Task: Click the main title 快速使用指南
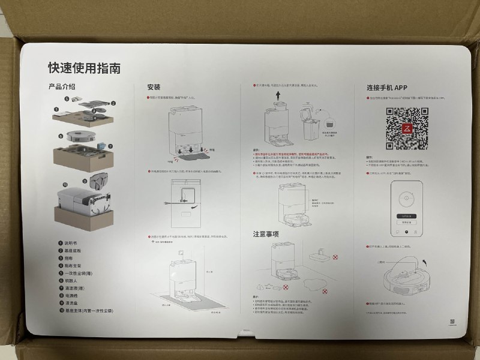pos(84,68)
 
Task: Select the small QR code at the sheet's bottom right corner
pos(451,323)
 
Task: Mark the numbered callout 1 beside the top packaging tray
pos(56,110)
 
